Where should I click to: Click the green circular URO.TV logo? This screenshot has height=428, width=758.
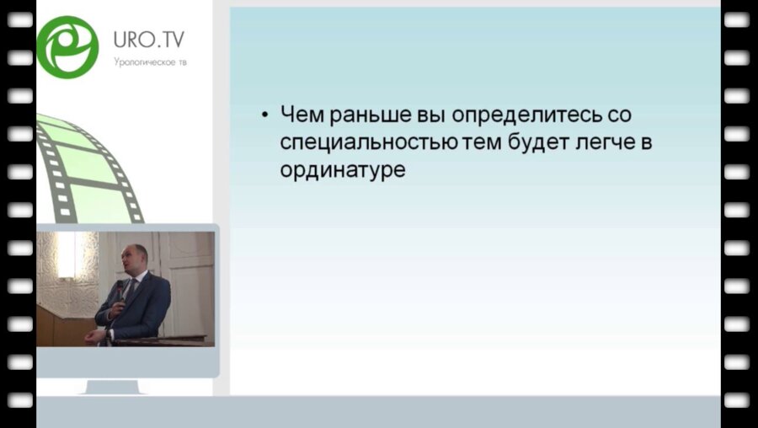(x=67, y=46)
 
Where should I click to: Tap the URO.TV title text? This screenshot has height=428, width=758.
(x=149, y=40)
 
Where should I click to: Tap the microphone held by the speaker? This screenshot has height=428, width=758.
(x=120, y=291)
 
